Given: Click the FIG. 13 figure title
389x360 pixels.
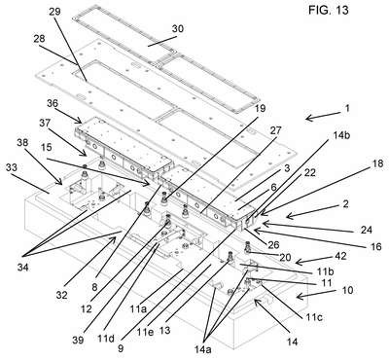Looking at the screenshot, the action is [328, 10].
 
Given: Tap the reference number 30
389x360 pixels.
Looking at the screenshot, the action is [177, 28].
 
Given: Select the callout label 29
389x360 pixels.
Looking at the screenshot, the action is [54, 12].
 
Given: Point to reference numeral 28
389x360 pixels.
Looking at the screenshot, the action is [39, 39].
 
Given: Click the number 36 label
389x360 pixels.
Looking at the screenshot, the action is [53, 103].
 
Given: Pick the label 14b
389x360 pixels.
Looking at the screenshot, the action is [341, 135].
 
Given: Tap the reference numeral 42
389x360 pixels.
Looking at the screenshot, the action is [340, 256].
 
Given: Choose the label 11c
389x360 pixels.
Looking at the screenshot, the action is [313, 316].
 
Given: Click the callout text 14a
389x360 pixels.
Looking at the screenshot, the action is [202, 349].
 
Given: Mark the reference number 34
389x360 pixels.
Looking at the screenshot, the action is [23, 268].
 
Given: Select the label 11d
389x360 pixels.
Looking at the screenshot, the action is [106, 339].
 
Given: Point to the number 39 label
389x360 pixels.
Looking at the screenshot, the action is [78, 340].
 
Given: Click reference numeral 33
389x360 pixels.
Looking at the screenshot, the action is [12, 167].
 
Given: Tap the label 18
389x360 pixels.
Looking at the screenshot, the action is [376, 162].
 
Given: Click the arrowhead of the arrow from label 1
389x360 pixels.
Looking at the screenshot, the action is [306, 119].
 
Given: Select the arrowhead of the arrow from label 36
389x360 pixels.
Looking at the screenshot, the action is [80, 122].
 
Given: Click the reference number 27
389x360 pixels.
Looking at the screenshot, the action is [275, 130].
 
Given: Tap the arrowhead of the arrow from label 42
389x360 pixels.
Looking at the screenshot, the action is [297, 262].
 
